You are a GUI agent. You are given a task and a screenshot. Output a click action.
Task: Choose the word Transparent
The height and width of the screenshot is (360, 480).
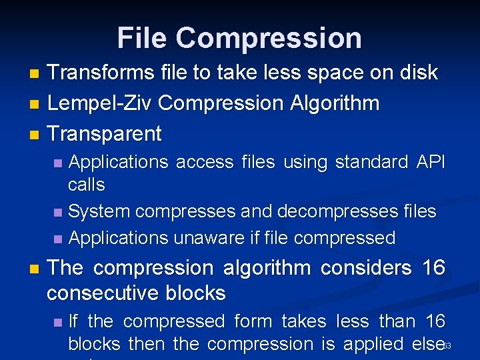click(105, 133)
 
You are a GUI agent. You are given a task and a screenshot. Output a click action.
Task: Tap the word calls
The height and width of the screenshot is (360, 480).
click(87, 184)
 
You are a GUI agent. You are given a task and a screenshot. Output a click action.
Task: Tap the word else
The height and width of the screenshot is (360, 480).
click(425, 344)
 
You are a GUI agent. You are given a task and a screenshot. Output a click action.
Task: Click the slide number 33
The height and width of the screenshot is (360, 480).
click(447, 346)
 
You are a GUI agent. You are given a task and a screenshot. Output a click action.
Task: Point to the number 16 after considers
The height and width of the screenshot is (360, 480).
click(433, 268)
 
